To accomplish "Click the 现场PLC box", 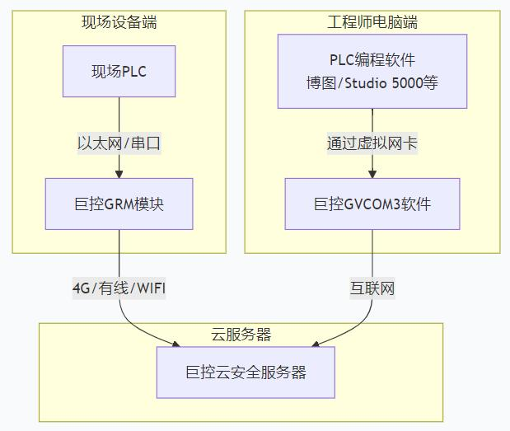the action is tap(119, 71).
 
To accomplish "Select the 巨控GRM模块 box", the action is tap(119, 204).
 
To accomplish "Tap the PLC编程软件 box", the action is tap(372, 71).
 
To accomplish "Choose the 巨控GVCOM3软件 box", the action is tap(372, 204).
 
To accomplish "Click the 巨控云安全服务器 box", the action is tap(246, 372).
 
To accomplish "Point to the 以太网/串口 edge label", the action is tap(119, 143).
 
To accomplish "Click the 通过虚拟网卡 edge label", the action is tap(372, 143).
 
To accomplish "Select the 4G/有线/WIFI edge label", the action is tap(119, 288).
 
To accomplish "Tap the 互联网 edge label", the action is tap(372, 288).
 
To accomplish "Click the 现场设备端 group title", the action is tap(119, 22).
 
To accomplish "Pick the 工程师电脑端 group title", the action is tap(372, 22).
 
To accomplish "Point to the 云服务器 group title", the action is tap(241, 335).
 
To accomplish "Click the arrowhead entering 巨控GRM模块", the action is tap(119, 174).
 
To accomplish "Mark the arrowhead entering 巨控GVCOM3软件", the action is tap(372, 174).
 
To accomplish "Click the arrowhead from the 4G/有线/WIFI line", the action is tap(176, 344).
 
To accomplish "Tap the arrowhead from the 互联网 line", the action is tap(316, 344).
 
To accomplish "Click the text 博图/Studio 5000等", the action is tap(372, 83).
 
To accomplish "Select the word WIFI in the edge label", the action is tap(152, 288).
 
